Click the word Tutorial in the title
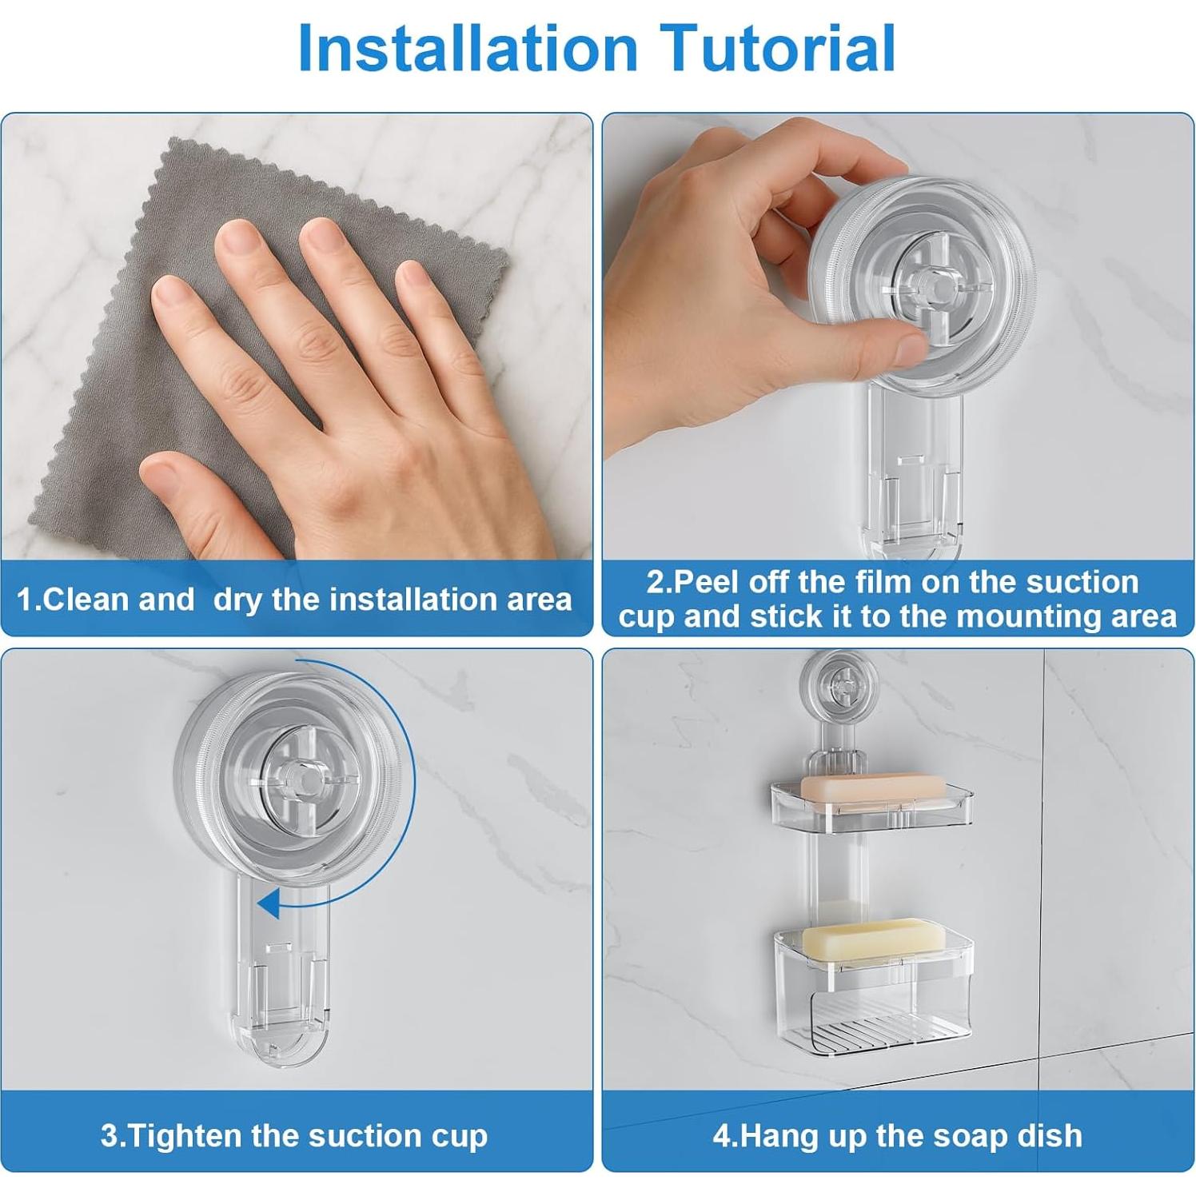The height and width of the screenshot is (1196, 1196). click(x=778, y=48)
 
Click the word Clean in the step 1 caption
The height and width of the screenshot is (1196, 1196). click(x=78, y=600)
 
